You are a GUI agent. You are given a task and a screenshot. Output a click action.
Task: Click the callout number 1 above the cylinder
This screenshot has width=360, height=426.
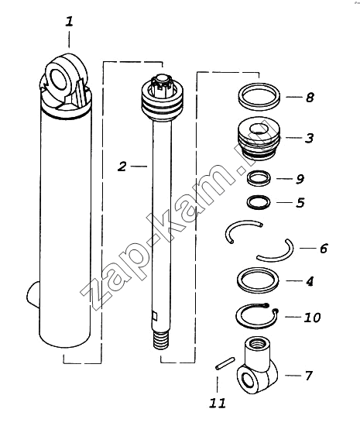(x=69, y=22)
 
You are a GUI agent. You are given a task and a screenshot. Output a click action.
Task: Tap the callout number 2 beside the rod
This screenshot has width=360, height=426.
(x=122, y=166)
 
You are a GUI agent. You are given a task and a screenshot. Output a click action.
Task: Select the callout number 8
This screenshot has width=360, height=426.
(x=310, y=98)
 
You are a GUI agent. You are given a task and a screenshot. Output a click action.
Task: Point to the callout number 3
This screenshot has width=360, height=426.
(x=309, y=138)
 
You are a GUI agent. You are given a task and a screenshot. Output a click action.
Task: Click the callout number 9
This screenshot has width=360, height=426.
(x=300, y=179)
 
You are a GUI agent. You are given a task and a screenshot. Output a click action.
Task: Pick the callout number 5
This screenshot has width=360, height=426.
(x=300, y=203)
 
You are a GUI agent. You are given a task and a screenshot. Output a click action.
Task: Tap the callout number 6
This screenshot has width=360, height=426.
(x=324, y=249)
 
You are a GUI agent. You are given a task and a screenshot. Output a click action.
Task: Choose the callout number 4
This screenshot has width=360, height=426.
(x=310, y=281)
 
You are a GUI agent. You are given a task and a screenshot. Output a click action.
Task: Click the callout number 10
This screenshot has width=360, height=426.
(x=312, y=317)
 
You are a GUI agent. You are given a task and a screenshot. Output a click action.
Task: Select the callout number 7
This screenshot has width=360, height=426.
(x=308, y=376)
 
